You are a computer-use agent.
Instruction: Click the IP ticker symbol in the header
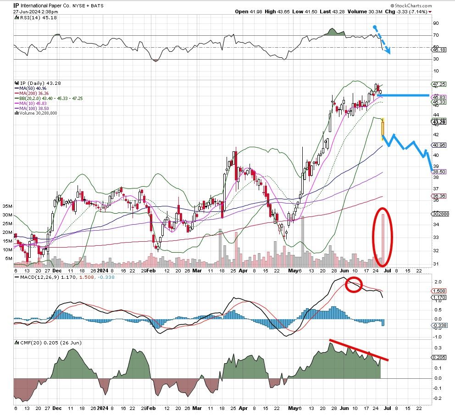pyautogui.click(x=16, y=6)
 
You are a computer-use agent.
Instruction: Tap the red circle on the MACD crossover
pyautogui.click(x=354, y=284)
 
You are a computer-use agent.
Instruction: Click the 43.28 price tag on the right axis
pyautogui.click(x=439, y=122)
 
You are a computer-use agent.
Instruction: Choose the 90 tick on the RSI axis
pyautogui.click(x=436, y=23)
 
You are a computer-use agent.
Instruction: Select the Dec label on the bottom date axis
pyautogui.click(x=56, y=407)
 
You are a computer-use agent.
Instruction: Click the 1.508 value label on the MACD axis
pyautogui.click(x=439, y=291)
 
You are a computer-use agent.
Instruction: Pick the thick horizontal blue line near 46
pyautogui.click(x=404, y=95)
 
